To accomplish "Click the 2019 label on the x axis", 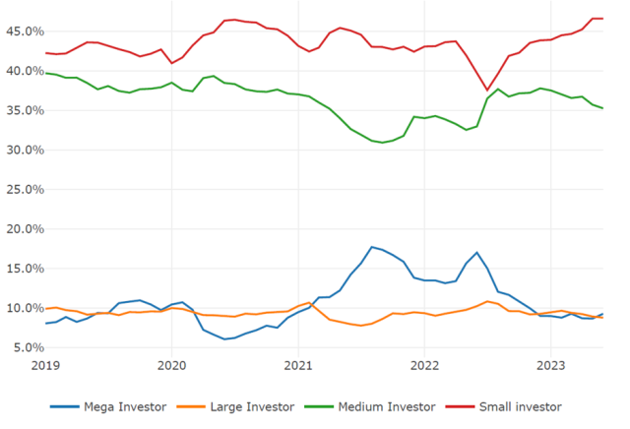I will (45, 365).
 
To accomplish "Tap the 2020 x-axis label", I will (171, 365).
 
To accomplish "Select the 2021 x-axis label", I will (298, 365).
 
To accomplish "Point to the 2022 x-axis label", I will (424, 365).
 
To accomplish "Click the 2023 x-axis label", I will (551, 365).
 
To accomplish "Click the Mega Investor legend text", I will (118, 404).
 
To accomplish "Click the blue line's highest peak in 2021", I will (371, 247).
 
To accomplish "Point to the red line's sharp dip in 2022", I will (486, 90).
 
